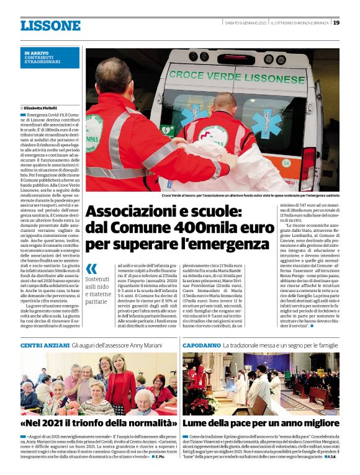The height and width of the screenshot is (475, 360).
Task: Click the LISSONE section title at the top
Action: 50,25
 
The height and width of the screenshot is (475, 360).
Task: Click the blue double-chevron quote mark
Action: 92,269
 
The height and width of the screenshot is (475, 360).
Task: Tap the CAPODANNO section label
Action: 201,345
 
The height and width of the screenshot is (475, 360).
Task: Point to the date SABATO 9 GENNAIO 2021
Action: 246,23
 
